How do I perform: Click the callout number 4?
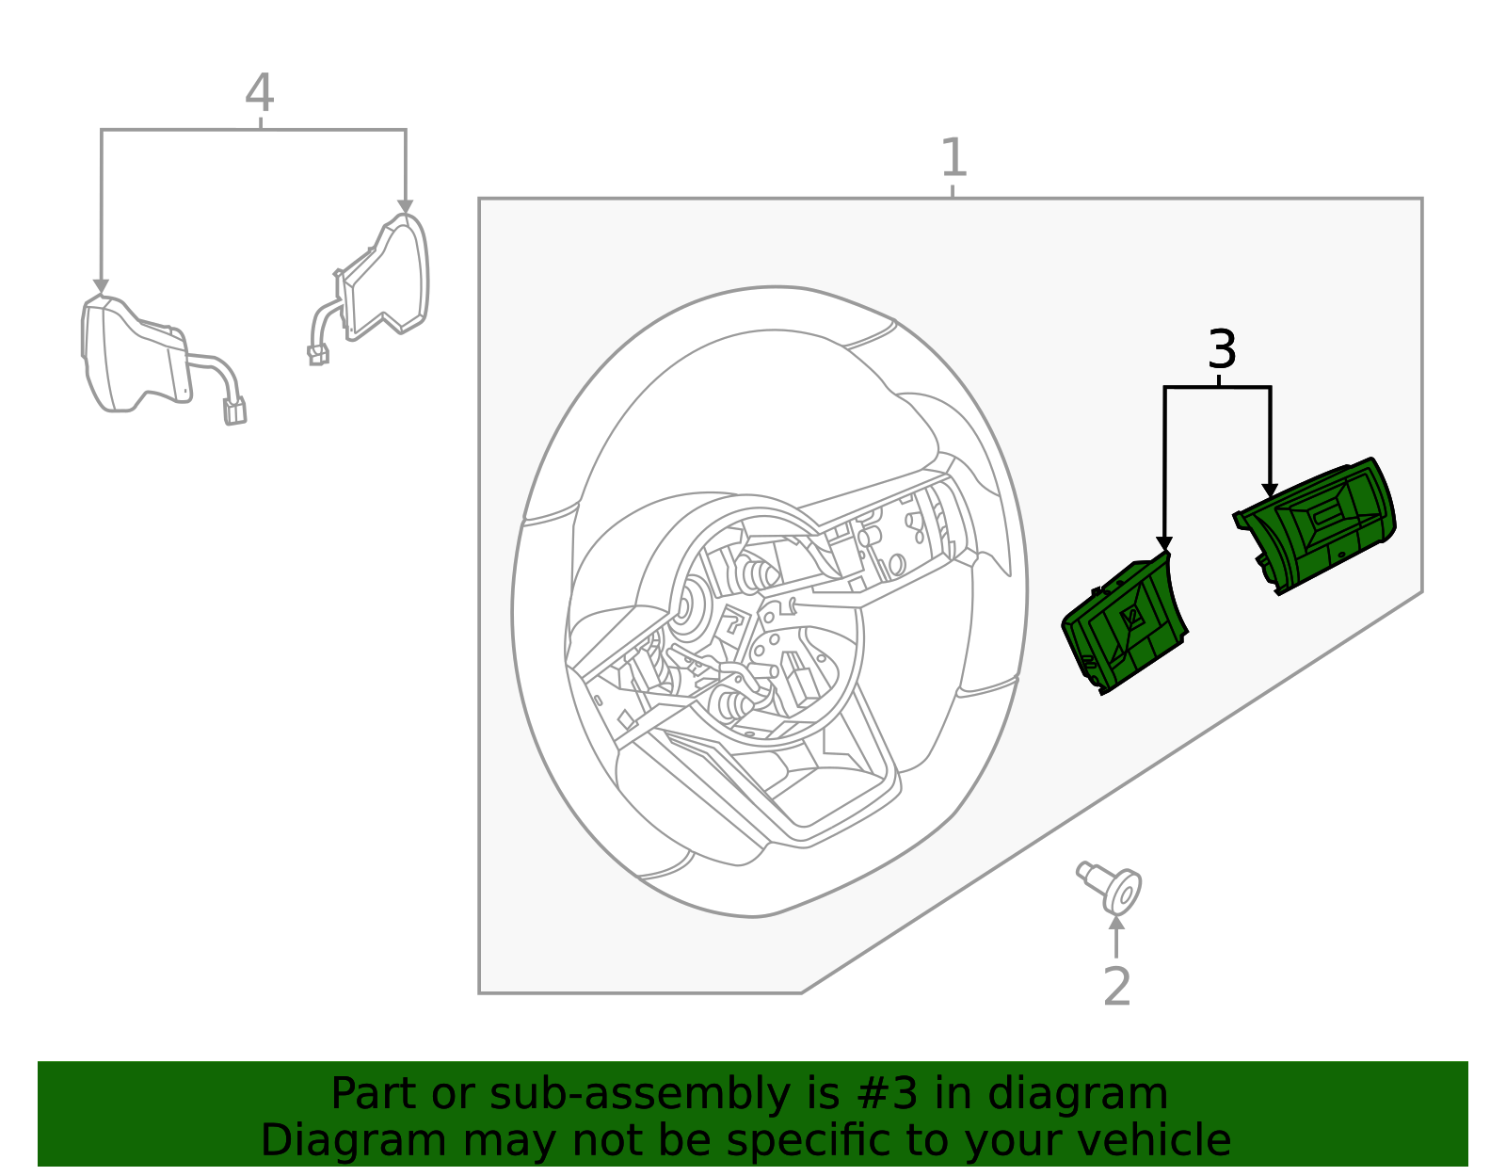click(x=259, y=94)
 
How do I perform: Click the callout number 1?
click(x=953, y=158)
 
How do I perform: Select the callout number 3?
click(x=1221, y=350)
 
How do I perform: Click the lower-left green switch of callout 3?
click(x=1125, y=626)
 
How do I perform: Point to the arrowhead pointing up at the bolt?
click(x=1116, y=923)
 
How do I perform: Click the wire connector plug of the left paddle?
click(x=234, y=411)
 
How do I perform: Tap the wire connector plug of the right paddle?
click(x=318, y=355)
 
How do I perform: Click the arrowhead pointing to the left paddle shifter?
click(x=101, y=286)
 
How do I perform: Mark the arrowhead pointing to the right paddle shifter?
click(x=406, y=207)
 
